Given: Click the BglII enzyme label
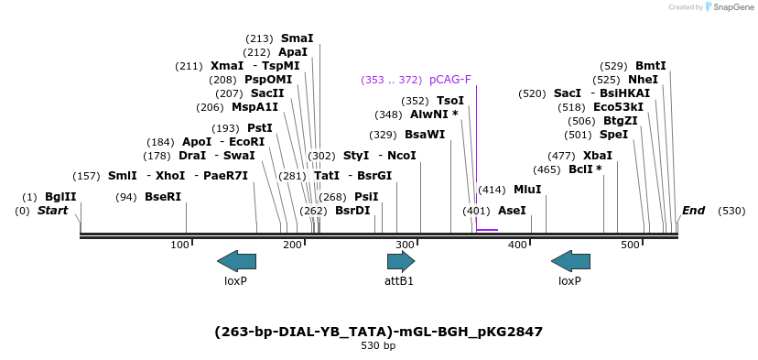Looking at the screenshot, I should pos(61,197).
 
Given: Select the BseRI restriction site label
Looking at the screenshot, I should pos(163,197).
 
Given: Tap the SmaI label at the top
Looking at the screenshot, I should pos(297,38).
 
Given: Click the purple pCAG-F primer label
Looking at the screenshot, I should pos(449,80).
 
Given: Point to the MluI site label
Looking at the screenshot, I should pos(527,190).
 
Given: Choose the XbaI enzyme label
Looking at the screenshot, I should pos(598,156).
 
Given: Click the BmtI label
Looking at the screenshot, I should pos(651,66).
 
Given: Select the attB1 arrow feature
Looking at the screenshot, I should pos(400,261).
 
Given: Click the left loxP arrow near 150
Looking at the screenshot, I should pos(236,261).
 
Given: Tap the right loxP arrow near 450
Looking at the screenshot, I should pos(570,261).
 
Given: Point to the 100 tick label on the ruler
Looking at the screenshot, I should pos(180,245).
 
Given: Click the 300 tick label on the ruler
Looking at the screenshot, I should pos(405,245).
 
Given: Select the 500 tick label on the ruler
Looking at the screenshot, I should pos(631,245).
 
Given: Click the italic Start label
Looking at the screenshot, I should pos(52,211).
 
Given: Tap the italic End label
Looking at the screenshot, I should pos(693,211).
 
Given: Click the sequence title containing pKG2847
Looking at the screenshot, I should pos(378,332).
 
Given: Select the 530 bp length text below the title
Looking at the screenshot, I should pos(378,346).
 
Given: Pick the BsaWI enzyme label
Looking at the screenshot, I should pos(425,135).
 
